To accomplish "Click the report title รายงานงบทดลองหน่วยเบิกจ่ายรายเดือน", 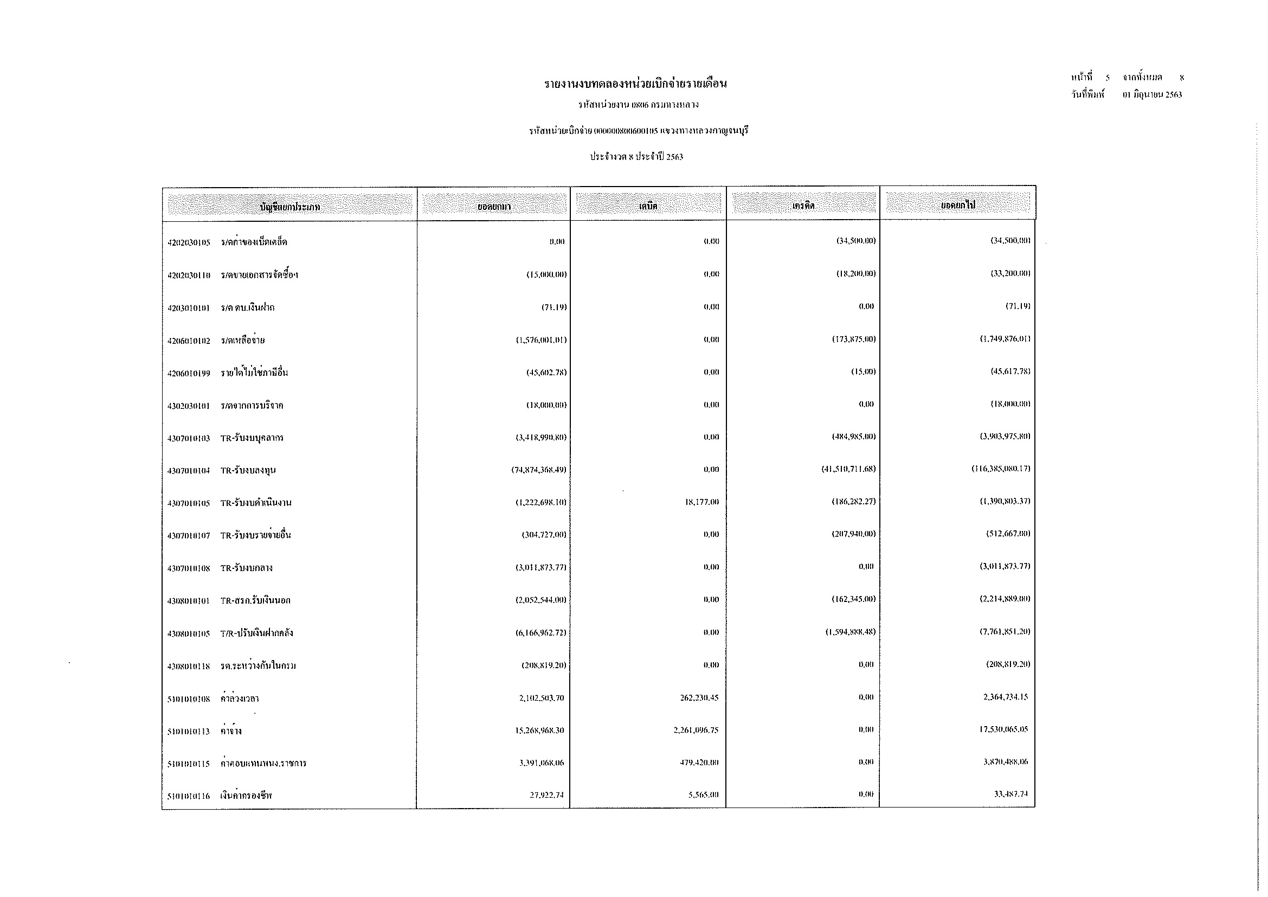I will click(x=635, y=84).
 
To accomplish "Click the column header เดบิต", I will click(x=648, y=206).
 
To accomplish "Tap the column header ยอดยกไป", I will click(x=958, y=206).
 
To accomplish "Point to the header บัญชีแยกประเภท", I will click(x=289, y=207).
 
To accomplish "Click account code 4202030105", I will click(x=189, y=242).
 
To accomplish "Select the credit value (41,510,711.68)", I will click(x=848, y=469).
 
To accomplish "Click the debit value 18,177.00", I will click(x=702, y=502).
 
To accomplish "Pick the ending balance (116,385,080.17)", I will click(x=1001, y=469).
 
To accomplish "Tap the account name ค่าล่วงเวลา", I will click(x=240, y=699).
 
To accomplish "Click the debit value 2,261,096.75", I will click(x=696, y=730).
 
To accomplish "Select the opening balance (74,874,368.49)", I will click(x=538, y=470).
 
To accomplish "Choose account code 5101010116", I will click(x=189, y=797).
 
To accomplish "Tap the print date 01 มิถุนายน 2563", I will click(x=1152, y=94).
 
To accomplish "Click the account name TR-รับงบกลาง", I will click(x=246, y=568).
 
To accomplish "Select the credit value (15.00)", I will click(x=863, y=371).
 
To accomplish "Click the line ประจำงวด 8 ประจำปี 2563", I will click(x=636, y=157).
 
